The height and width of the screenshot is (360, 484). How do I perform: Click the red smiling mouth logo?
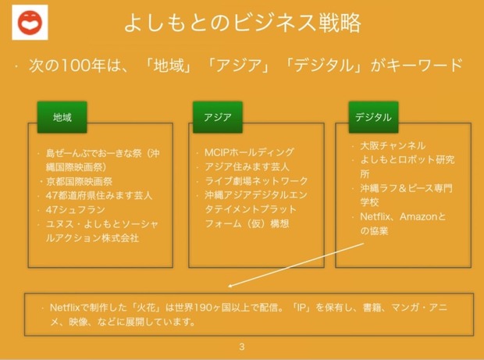coord(30,22)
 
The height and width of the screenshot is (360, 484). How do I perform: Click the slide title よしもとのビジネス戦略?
coord(242,23)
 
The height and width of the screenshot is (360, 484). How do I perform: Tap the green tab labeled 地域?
coord(62,117)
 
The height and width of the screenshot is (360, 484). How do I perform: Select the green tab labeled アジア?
coord(218,117)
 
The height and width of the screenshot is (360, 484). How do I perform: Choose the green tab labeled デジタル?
coord(373,117)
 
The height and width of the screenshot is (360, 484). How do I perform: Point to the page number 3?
coord(242,347)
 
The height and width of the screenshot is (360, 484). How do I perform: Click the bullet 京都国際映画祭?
coord(79,181)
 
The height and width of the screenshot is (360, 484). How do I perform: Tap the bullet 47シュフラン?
coord(75,210)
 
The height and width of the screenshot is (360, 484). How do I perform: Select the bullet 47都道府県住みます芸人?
coord(99,195)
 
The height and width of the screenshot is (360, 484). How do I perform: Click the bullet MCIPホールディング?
coord(249,152)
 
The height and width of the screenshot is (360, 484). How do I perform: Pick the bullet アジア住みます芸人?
coord(247,166)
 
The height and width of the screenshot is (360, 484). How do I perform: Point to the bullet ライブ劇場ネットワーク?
coord(256,181)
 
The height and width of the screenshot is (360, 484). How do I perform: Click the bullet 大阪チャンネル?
coord(393,145)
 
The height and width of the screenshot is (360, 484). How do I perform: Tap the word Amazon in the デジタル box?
coord(419,216)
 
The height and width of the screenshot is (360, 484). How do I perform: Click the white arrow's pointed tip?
coord(229,287)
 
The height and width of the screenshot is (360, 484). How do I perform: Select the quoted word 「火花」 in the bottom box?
coord(148,308)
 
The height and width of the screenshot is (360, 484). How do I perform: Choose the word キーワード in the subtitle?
coord(424,65)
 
